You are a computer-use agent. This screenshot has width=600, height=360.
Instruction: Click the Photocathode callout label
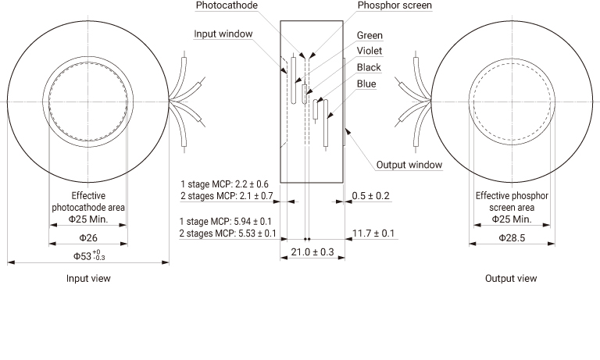coord(227,5)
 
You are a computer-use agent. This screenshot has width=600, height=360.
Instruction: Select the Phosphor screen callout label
coord(395,5)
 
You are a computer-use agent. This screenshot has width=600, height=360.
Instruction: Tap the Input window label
coord(223,34)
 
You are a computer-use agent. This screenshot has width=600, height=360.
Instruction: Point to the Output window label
coord(409,165)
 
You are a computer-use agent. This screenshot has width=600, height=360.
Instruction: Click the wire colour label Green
coord(370,36)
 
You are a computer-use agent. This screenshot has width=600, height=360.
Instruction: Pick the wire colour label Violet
coord(370,51)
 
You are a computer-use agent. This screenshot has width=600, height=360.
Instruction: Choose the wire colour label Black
coord(369,68)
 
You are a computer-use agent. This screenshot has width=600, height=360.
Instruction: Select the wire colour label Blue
coord(366,84)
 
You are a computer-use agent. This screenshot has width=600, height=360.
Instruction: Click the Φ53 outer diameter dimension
coord(89,255)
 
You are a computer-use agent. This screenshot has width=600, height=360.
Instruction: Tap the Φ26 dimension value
coord(88,238)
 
